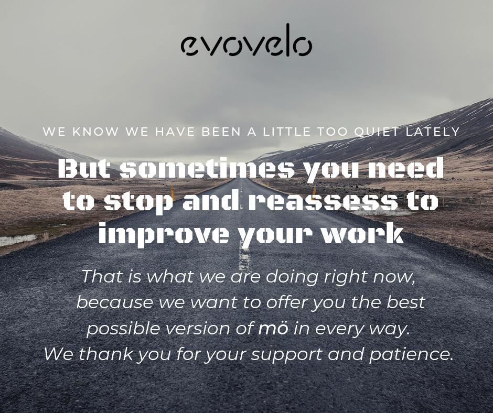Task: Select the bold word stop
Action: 138,202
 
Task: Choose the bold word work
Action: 363,234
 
